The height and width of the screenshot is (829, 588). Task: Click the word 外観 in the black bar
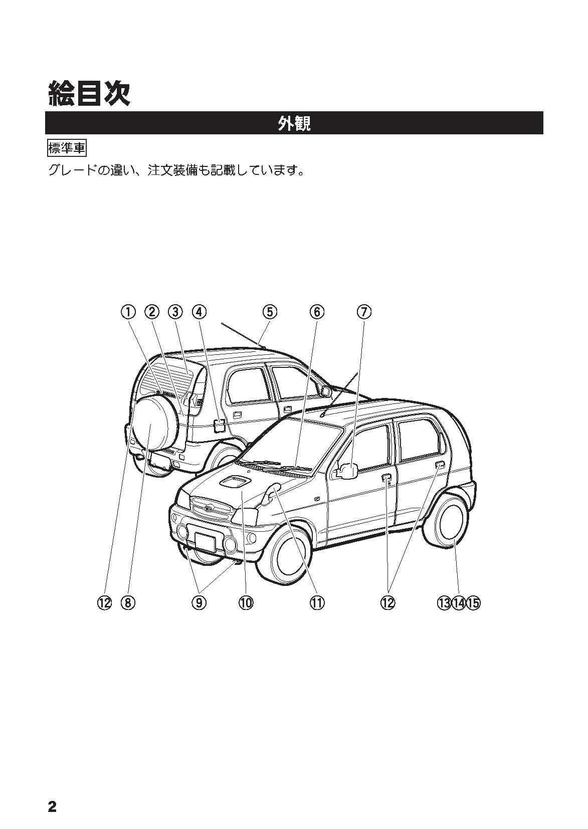click(294, 123)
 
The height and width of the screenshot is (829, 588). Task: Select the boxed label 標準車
click(66, 148)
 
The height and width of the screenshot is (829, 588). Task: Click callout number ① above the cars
click(128, 312)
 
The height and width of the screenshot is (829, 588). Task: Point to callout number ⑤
click(270, 312)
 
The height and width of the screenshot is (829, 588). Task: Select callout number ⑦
click(364, 312)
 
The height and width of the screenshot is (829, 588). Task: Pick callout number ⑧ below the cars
click(128, 603)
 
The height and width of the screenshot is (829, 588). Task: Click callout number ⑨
click(199, 603)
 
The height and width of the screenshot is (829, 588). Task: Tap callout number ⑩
click(246, 603)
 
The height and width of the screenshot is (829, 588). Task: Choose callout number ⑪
click(317, 603)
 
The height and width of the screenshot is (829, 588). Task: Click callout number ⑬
click(444, 603)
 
